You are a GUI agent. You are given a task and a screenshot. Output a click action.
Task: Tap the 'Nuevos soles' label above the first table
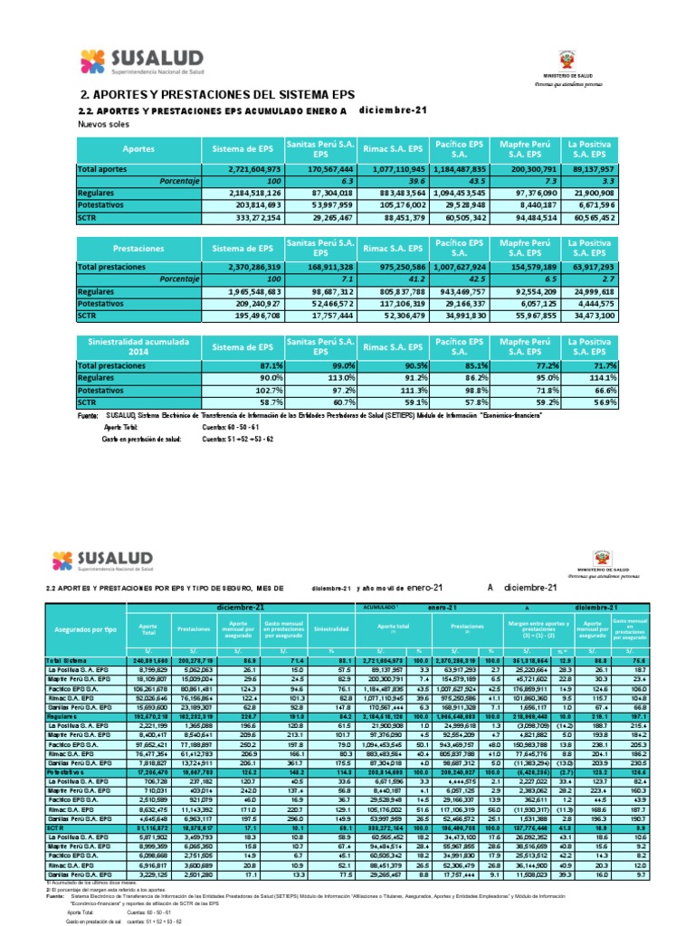(106, 124)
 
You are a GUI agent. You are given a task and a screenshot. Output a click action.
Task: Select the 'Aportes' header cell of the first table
(138, 147)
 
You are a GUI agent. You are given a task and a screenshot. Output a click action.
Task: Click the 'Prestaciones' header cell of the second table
(138, 246)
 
